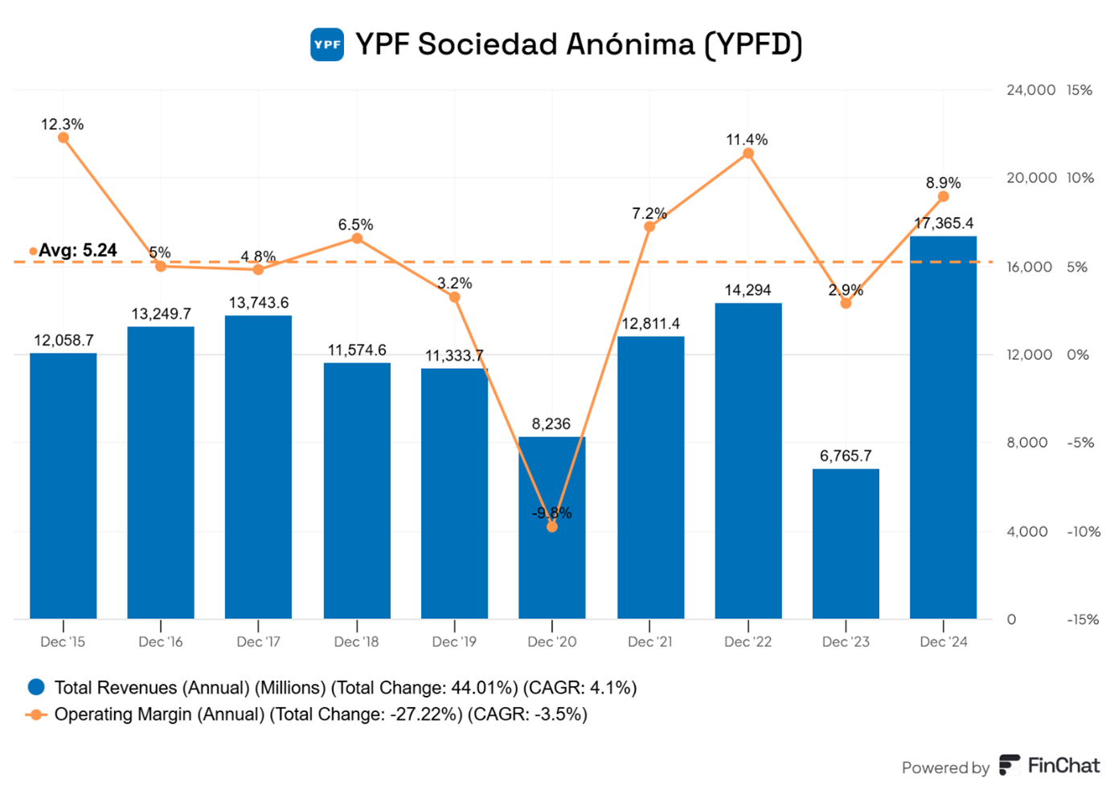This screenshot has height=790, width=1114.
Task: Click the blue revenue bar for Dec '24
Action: coord(943,426)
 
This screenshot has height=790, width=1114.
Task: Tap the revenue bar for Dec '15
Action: coord(63,485)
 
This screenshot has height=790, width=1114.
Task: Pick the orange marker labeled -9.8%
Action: coord(552,526)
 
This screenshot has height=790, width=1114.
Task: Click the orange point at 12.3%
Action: coord(63,137)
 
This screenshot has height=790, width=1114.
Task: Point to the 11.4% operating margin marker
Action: coord(748,153)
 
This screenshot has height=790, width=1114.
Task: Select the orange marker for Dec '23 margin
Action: coord(846,303)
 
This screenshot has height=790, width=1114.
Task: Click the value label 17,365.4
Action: coord(943,223)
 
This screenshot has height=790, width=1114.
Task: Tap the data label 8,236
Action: coord(551,424)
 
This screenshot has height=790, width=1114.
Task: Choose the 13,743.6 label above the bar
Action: coord(258,303)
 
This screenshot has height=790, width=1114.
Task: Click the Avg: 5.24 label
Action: coord(77,251)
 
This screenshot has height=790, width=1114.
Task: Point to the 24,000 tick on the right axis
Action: coord(1030,90)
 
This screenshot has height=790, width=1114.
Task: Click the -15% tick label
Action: coord(1082,620)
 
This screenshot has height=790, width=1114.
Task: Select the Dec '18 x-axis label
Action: coord(356,641)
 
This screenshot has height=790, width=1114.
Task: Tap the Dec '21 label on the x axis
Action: coord(649,641)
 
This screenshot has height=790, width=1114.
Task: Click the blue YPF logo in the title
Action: coord(327,44)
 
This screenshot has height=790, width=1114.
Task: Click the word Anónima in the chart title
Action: coord(630,44)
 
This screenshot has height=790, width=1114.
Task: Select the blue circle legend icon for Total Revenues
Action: coord(36,687)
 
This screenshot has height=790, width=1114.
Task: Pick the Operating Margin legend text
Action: coord(320,714)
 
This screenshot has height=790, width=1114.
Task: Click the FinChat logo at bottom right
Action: coord(1049,766)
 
